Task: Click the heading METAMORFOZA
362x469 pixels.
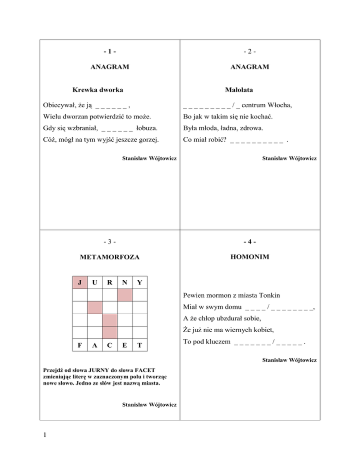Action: [110, 259]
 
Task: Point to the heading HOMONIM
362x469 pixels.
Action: [250, 259]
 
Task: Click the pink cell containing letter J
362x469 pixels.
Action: [81, 283]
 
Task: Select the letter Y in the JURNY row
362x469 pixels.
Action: [139, 283]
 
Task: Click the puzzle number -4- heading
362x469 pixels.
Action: [250, 243]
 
